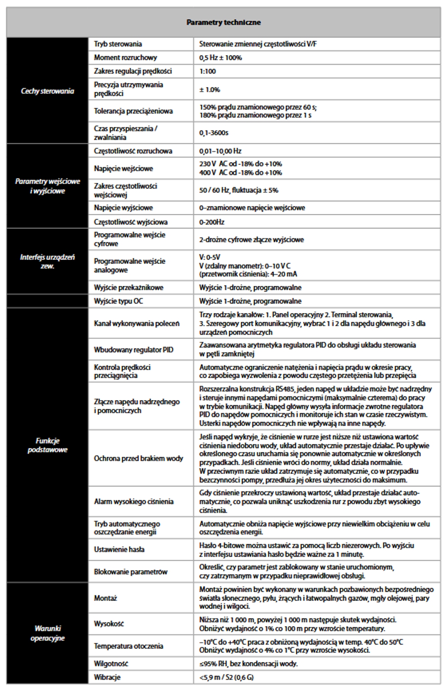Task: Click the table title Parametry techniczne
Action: click(x=223, y=22)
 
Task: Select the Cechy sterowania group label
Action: click(x=47, y=91)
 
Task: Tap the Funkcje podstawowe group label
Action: click(x=47, y=445)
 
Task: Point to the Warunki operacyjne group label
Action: click(x=47, y=633)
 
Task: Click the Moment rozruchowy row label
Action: click(x=125, y=58)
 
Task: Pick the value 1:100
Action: click(x=207, y=71)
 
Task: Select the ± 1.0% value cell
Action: click(x=210, y=90)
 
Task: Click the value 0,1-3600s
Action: click(x=214, y=133)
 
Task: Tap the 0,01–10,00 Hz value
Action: click(x=220, y=151)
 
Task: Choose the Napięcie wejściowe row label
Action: click(x=123, y=169)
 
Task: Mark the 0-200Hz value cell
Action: click(x=212, y=222)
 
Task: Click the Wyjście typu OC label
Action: click(x=118, y=301)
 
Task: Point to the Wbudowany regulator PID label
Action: click(x=134, y=350)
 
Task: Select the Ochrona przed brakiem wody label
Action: click(x=138, y=458)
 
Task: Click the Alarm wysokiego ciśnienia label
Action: click(x=134, y=502)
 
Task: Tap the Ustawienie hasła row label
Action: click(x=119, y=549)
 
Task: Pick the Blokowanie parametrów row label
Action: click(x=131, y=572)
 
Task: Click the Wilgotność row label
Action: click(x=111, y=664)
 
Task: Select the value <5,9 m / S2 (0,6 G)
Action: click(x=226, y=677)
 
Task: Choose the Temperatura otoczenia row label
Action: click(x=128, y=646)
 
